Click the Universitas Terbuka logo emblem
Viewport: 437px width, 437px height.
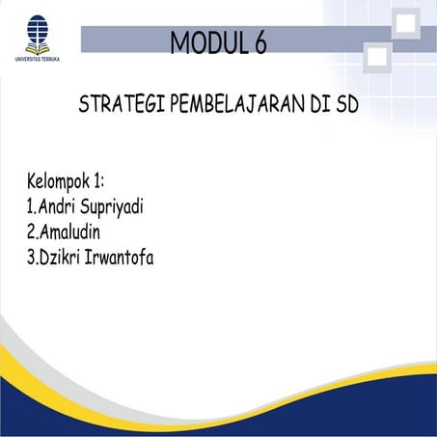click(35, 32)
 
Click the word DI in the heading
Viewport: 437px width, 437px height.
click(323, 105)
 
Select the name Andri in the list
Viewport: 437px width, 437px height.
click(63, 206)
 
